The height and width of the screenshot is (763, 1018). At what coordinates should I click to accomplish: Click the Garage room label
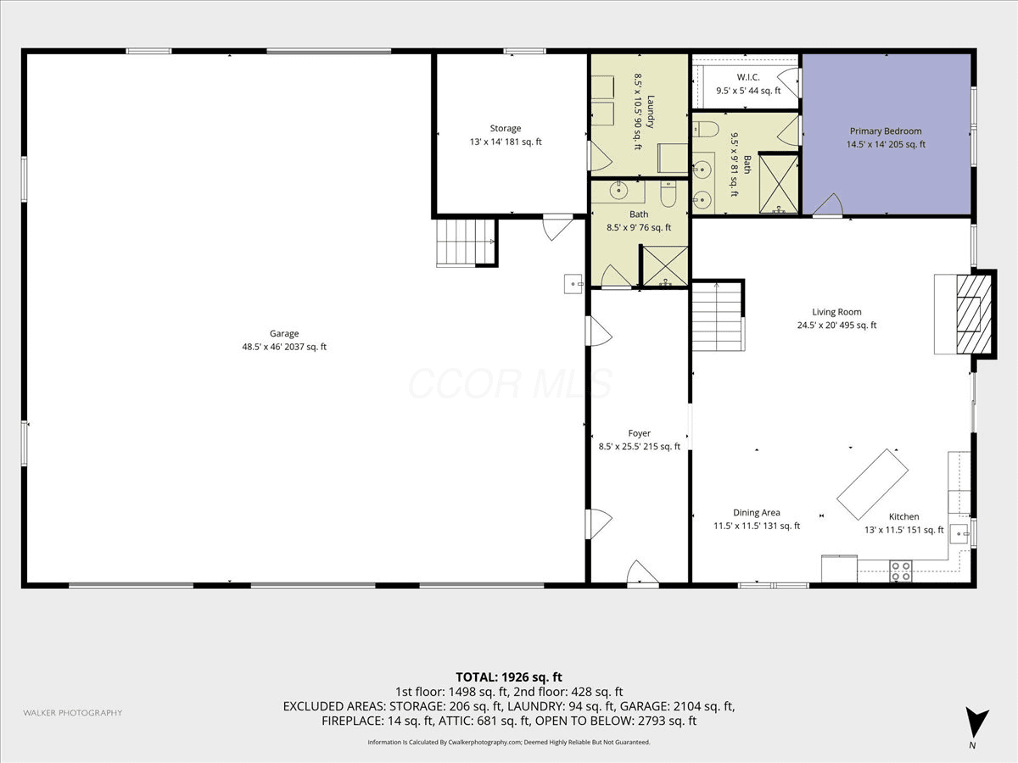284,333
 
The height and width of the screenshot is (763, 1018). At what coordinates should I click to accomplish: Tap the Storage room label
506,128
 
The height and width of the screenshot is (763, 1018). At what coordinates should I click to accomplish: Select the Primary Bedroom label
886,131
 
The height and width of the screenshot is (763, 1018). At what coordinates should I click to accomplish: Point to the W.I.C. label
748,77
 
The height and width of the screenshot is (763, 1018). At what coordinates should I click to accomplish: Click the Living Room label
836,312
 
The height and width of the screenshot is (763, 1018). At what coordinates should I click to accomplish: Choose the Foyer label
639,433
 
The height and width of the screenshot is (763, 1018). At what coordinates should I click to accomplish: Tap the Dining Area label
757,513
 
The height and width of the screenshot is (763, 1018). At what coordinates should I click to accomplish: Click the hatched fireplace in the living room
974,315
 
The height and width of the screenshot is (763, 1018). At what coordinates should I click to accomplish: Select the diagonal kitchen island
872,484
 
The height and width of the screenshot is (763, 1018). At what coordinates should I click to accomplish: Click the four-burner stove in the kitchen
901,571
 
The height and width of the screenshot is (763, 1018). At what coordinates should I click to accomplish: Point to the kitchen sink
959,534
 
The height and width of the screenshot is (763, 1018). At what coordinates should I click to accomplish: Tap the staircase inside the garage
465,242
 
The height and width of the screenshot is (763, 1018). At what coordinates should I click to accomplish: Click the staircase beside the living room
718,316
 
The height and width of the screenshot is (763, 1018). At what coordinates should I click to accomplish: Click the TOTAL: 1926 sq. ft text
509,677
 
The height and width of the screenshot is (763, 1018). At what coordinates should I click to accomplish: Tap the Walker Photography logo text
73,712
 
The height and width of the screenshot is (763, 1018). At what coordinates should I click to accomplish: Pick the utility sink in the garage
573,284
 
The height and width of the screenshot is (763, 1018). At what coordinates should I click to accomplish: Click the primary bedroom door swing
828,204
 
